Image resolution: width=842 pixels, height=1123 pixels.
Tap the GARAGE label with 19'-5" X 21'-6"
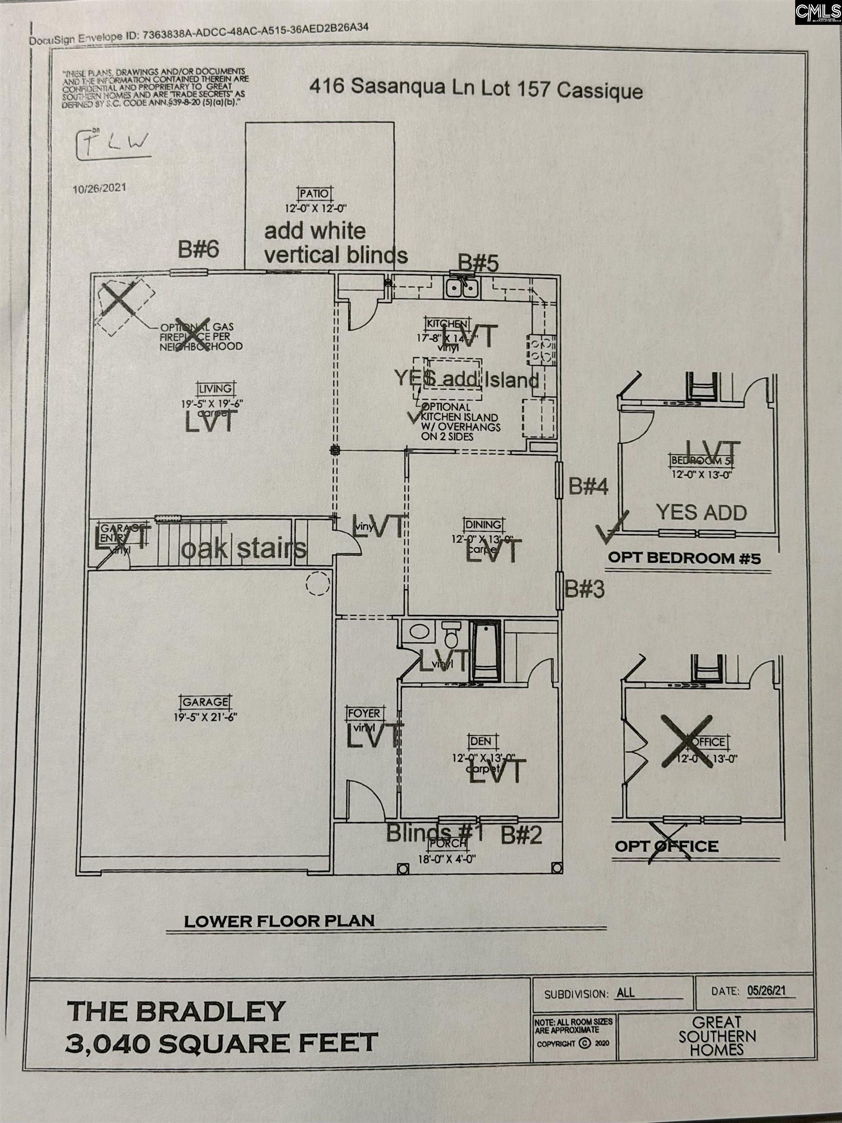205,702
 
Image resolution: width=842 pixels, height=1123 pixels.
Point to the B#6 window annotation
198,249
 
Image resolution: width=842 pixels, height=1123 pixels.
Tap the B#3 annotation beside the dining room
585,589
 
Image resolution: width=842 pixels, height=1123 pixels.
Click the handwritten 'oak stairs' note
244,548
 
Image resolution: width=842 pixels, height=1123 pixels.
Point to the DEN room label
480,741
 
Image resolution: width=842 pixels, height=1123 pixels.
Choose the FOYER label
364,713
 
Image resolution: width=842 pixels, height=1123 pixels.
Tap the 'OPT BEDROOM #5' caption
685,559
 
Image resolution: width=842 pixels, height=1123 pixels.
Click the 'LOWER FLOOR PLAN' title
279,921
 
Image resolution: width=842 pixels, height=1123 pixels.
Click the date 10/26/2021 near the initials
99,188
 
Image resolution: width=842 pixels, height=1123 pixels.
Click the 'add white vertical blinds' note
335,243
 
